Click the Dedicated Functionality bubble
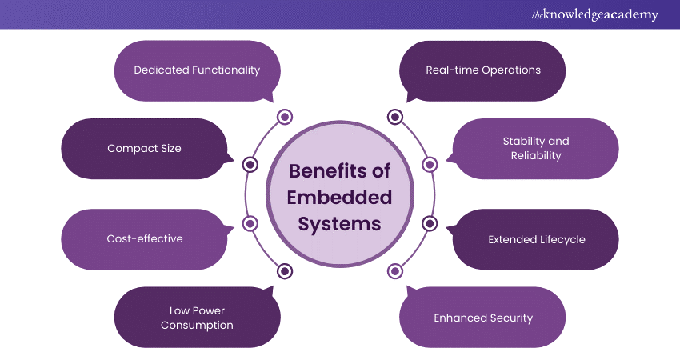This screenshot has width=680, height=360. point(197,70)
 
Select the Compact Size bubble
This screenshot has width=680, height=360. point(144,148)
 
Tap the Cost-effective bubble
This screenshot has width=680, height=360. point(144,238)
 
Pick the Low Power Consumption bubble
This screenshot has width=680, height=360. point(197,318)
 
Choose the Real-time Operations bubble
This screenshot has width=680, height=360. point(482,70)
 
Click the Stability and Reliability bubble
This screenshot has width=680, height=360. point(535,148)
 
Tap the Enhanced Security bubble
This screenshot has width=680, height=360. point(482,318)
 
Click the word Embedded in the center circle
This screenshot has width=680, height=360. point(340,197)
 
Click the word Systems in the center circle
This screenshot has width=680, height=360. point(340,223)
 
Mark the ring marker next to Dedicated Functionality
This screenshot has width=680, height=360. point(285,118)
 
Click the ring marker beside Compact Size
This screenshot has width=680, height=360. point(250,164)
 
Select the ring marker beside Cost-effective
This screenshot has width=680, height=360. point(250,223)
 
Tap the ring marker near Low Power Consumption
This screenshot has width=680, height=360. point(285,271)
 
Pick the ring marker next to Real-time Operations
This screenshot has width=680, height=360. point(394,118)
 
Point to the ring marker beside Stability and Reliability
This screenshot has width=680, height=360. point(430,164)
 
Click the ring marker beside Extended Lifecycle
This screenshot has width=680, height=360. point(430,223)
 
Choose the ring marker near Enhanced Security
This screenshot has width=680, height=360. point(394,271)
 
